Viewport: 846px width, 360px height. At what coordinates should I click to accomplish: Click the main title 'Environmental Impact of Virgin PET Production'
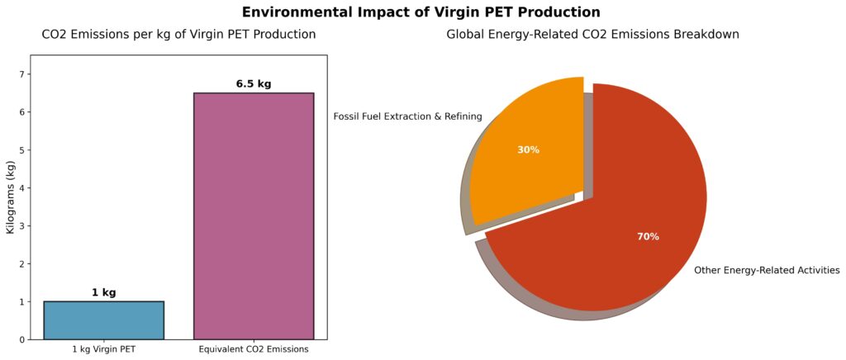(x=421, y=12)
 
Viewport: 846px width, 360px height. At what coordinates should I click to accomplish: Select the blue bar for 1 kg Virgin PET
(x=103, y=320)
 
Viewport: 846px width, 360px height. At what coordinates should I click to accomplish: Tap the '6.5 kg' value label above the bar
(x=254, y=83)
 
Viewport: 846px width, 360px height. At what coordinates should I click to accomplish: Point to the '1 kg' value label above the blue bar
(x=103, y=292)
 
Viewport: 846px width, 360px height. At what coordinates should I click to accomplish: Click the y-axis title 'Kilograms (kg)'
(x=11, y=197)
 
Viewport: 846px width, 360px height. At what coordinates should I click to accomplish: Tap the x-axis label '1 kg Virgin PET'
(x=103, y=349)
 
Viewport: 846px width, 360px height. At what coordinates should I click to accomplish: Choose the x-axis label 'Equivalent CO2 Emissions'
(x=254, y=349)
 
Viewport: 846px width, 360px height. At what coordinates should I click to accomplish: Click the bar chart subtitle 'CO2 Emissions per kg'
(x=178, y=35)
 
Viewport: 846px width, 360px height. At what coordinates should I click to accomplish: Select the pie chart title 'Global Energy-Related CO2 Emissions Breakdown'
(x=592, y=35)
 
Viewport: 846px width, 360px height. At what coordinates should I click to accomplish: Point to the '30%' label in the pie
(x=528, y=150)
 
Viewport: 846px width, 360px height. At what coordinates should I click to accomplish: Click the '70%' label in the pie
(x=648, y=237)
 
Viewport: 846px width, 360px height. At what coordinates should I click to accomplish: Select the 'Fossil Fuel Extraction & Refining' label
(x=407, y=116)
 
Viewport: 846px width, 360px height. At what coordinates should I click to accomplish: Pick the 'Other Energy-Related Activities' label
(x=767, y=270)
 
